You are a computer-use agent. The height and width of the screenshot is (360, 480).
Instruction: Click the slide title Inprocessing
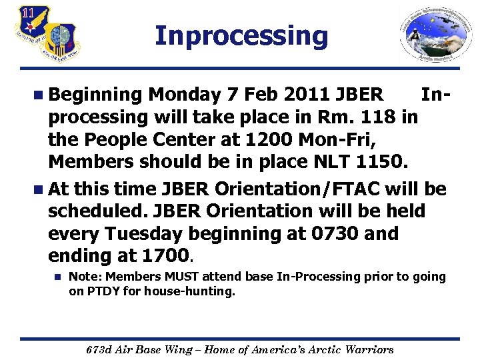pyautogui.click(x=241, y=35)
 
